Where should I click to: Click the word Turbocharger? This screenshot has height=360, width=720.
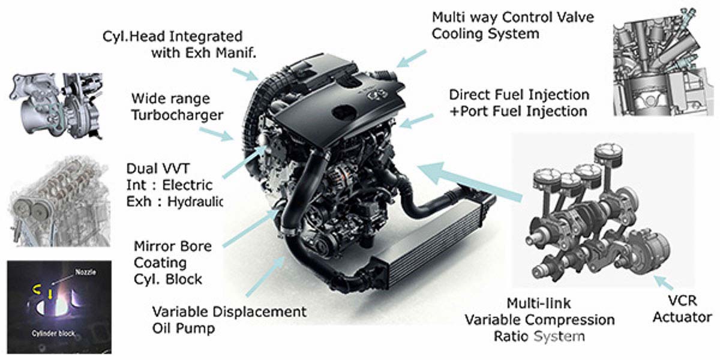[x=177, y=115]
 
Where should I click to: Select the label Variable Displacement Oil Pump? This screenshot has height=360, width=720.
[x=229, y=320]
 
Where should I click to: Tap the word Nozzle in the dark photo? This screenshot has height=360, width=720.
[x=85, y=272]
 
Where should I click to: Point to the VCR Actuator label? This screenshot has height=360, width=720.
[x=682, y=309]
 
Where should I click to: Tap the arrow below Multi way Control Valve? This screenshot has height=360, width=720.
[x=412, y=59]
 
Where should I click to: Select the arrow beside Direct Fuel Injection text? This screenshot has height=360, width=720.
[x=416, y=121]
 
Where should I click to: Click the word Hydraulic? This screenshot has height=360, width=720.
[x=195, y=202]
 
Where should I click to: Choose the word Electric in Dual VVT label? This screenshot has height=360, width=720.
[x=187, y=185]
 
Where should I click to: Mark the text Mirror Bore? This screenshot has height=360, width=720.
[x=173, y=247]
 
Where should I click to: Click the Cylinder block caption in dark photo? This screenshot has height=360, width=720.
[x=53, y=334]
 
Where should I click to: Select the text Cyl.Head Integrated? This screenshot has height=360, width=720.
[x=172, y=37]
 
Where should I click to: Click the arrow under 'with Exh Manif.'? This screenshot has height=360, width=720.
[x=245, y=74]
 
